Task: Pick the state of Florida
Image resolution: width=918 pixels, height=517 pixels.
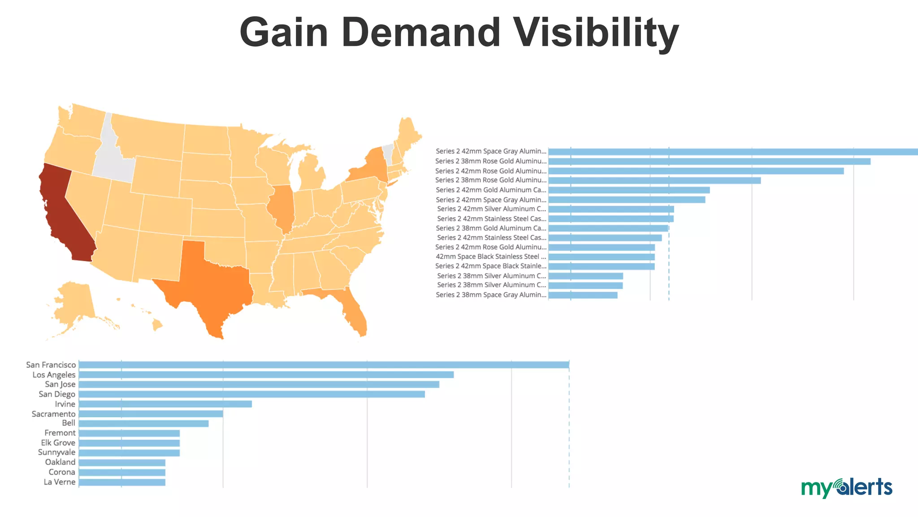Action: point(354,310)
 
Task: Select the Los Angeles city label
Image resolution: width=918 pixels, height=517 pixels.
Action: point(54,375)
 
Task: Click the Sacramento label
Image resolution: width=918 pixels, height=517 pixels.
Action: point(53,414)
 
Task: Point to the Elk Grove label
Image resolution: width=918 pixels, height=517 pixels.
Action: point(58,443)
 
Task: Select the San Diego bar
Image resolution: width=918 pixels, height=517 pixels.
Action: point(251,394)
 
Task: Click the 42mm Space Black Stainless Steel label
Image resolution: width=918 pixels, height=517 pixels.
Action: point(491,257)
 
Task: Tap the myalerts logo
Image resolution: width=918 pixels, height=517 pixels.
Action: point(846,487)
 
